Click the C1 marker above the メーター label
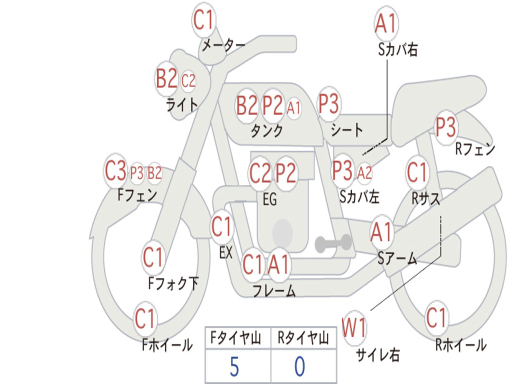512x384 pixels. coord(203,20)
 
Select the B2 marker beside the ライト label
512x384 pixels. coord(166,78)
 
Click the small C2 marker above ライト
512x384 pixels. coord(188,80)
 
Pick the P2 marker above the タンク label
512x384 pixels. coord(272,105)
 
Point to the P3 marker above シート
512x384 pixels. coord(328,104)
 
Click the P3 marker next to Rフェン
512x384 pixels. coord(445,127)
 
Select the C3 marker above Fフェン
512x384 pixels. coord(115,171)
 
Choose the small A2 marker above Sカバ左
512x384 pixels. coord(364,172)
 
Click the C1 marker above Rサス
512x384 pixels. coord(416,172)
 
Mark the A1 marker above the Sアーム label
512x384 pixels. coord(381,232)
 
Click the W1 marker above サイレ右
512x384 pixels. coord(354,327)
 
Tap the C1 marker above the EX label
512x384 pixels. coord(221,226)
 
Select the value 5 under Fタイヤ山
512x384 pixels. coord(234,366)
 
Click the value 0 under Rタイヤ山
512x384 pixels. coord(300,366)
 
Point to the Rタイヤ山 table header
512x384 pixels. coord(303,338)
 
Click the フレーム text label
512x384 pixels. coord(274,290)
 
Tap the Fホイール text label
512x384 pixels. coord(167,344)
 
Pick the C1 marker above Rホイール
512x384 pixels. coord(436,317)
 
